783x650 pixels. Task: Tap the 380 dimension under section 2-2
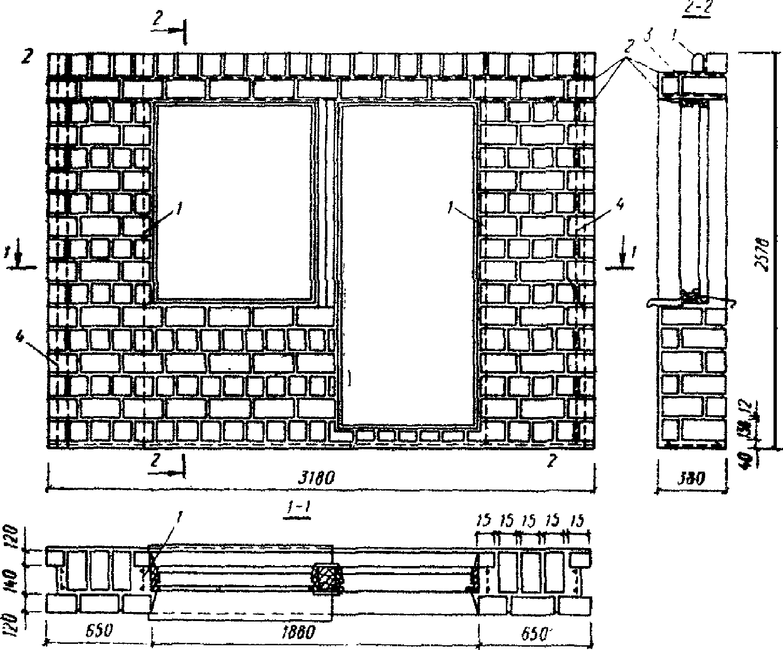[x=692, y=480]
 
